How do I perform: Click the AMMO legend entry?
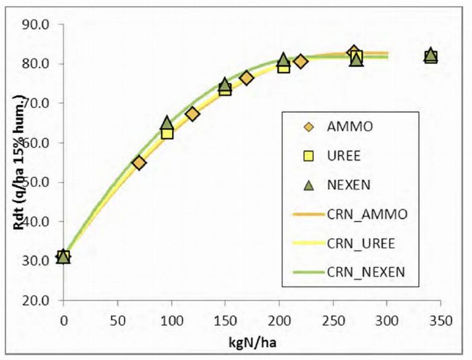coord(330,125)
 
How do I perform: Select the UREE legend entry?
coord(330,156)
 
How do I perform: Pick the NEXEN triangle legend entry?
coord(330,185)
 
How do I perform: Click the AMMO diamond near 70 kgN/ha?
coord(139,162)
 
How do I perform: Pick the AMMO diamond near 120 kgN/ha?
coord(193,114)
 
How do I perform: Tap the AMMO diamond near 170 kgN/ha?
coord(247,78)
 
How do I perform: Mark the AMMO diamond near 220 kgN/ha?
coord(301,61)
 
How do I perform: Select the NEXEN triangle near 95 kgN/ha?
coord(167,123)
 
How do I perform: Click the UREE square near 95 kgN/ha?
coord(167,133)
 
